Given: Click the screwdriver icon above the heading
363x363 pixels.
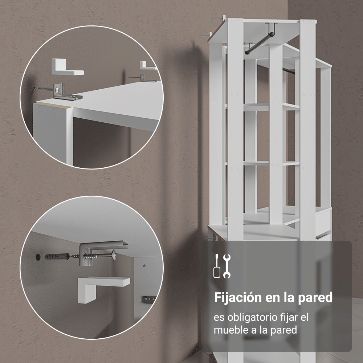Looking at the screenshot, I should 217,266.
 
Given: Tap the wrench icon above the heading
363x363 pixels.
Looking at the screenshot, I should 227,266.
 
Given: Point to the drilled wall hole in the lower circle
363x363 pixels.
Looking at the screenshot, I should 38,257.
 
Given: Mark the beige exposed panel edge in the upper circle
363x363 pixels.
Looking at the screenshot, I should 54,105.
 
